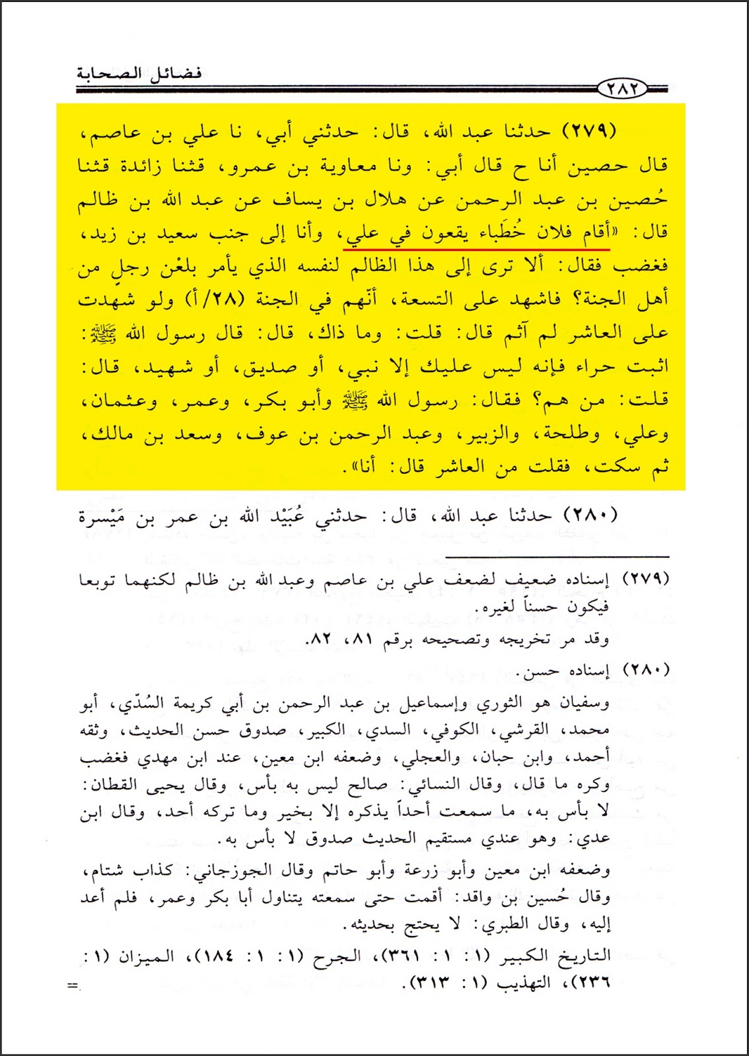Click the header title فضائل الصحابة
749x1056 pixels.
(139, 72)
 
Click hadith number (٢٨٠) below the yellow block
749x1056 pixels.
(590, 515)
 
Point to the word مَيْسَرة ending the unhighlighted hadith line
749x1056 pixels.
(106, 517)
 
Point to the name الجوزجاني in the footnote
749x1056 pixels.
(223, 871)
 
